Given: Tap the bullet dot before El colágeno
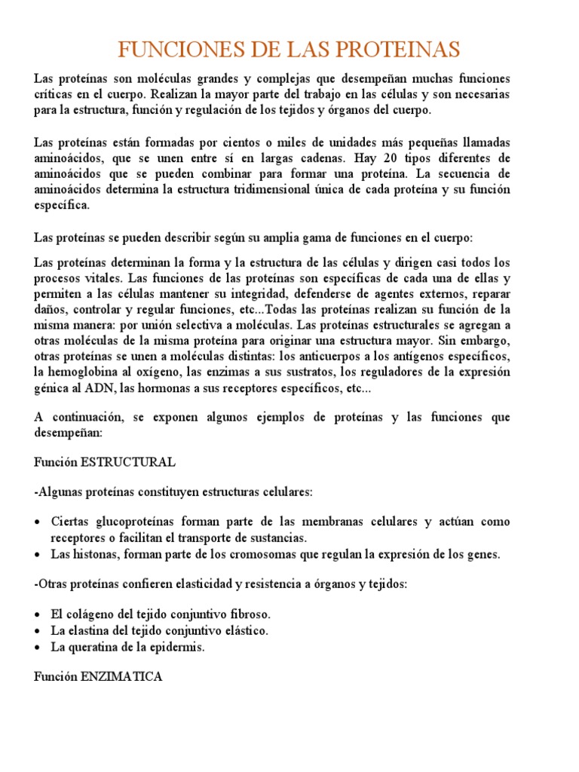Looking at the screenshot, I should pos(38,615).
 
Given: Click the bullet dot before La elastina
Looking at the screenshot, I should pos(38,631).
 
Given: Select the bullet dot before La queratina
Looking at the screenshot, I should pos(38,647).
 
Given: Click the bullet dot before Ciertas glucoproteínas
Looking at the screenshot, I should pos(38,522).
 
